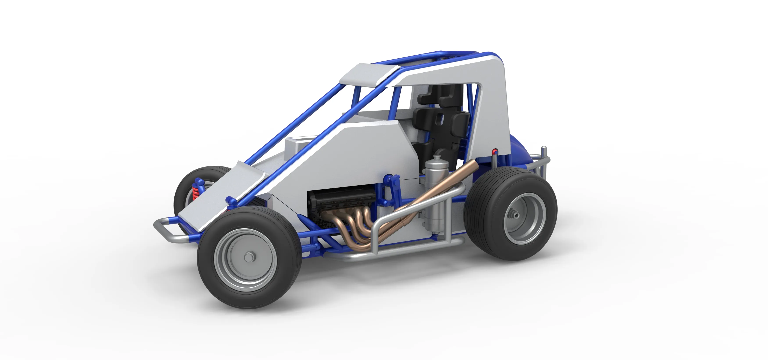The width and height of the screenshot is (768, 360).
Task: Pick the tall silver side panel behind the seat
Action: click(492, 99)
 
